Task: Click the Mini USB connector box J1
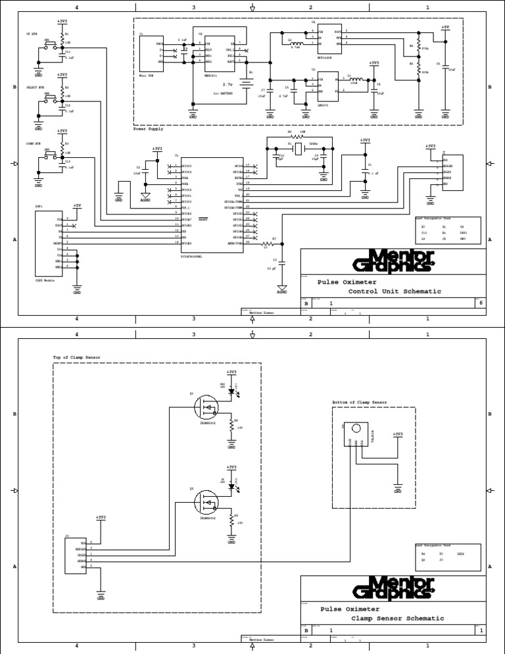click(152, 53)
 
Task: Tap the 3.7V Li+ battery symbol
click(246, 84)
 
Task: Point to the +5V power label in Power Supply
click(445, 28)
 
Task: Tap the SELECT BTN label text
click(36, 88)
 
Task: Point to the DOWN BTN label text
click(34, 143)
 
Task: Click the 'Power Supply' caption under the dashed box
click(148, 129)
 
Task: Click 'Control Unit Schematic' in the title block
click(395, 291)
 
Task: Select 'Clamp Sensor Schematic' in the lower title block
click(397, 618)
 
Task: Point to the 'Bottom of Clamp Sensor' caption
click(360, 401)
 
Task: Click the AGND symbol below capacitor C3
click(282, 289)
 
